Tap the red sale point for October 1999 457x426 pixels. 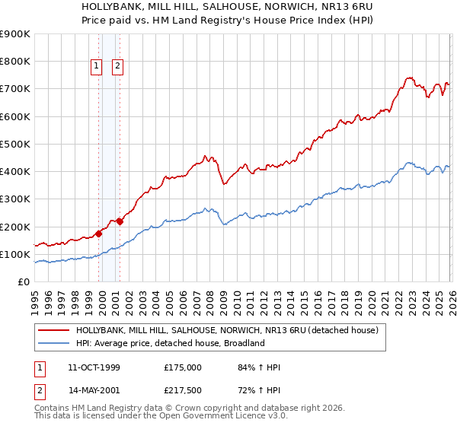pyautogui.click(x=99, y=234)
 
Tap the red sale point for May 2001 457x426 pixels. pyautogui.click(x=120, y=222)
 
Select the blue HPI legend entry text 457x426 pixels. pyautogui.click(x=169, y=343)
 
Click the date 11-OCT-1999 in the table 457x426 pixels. pyautogui.click(x=94, y=367)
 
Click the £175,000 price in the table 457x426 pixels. pyautogui.click(x=182, y=367)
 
